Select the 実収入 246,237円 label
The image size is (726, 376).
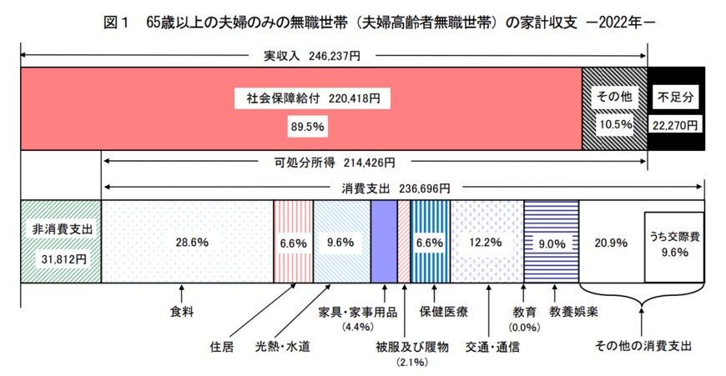(x=312, y=57)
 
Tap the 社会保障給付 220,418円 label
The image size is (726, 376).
(x=308, y=98)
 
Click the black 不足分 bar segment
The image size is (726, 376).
(x=675, y=109)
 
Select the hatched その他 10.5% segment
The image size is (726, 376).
(x=613, y=109)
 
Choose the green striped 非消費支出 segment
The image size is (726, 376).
(x=60, y=242)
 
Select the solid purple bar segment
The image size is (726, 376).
(x=383, y=242)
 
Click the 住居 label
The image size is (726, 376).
(x=223, y=345)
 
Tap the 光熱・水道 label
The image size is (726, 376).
(x=282, y=345)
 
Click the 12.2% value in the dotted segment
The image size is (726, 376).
(x=485, y=242)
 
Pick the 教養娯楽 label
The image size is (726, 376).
(x=572, y=312)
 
